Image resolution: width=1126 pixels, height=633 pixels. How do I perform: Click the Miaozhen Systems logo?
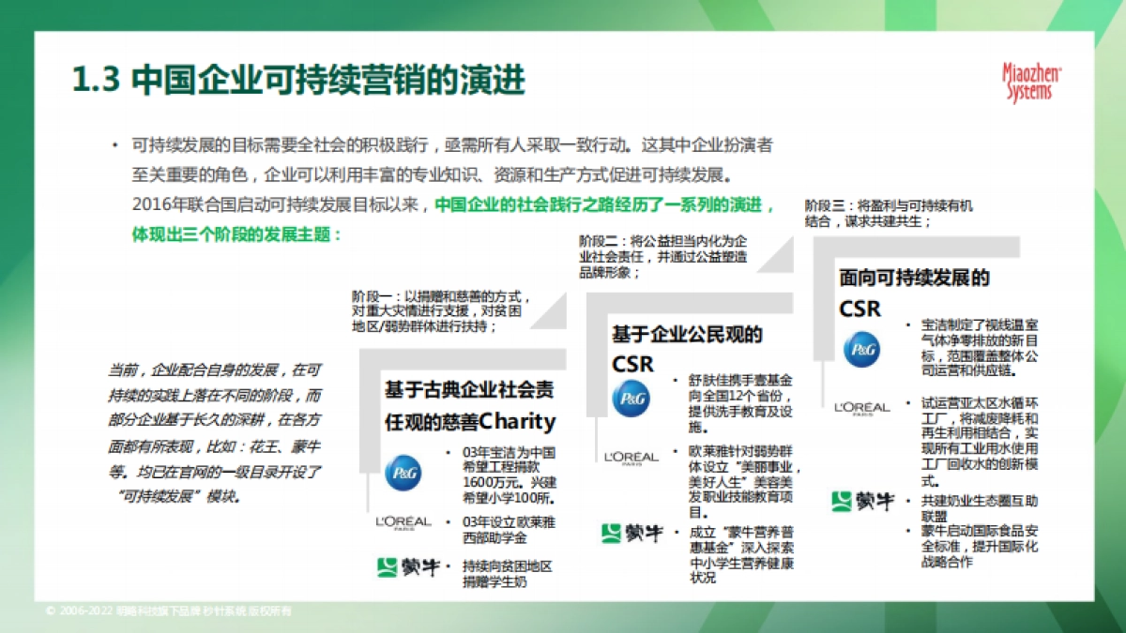(1031, 83)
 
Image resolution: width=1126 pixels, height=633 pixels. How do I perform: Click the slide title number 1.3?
(96, 80)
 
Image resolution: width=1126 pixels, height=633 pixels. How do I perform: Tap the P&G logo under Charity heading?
(403, 472)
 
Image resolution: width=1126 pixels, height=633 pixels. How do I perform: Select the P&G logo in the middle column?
(631, 399)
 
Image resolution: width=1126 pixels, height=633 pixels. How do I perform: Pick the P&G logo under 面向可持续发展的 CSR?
(860, 349)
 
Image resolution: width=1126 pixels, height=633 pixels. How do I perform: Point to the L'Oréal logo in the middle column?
(631, 458)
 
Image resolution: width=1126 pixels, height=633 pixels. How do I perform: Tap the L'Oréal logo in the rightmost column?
(860, 408)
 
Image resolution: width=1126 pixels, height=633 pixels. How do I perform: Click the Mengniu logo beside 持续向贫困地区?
(407, 566)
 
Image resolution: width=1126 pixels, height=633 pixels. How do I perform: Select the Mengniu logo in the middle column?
(631, 533)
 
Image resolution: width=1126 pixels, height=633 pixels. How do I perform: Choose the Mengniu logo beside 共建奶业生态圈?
(862, 502)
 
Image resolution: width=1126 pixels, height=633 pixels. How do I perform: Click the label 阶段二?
(598, 240)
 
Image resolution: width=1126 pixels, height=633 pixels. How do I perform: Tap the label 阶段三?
(824, 204)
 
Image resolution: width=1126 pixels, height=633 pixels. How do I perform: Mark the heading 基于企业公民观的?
(687, 334)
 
